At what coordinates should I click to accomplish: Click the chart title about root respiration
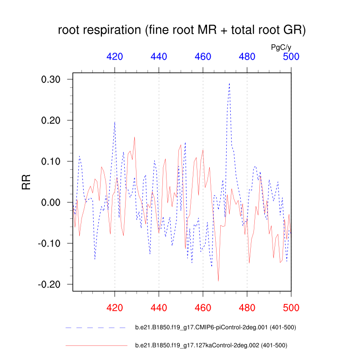182,30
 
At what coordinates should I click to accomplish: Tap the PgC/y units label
281,47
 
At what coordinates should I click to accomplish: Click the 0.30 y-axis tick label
51,79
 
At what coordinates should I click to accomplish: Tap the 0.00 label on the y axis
51,202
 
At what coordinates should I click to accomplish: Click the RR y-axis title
26,182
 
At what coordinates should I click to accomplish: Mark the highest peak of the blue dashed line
229,83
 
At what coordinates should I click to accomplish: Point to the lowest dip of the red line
218,281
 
